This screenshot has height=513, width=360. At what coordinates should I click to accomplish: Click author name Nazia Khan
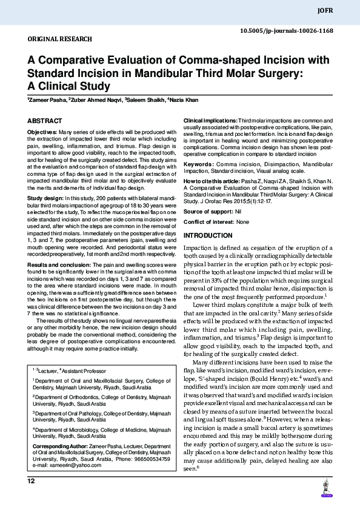(x=183, y=99)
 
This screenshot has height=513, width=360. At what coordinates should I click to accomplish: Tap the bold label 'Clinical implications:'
(x=210, y=122)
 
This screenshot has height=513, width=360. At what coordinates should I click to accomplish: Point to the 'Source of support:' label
(x=208, y=211)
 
